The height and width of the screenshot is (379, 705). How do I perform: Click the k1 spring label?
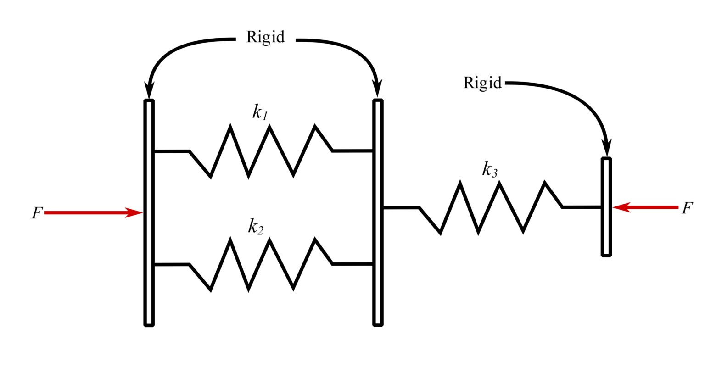coord(260,112)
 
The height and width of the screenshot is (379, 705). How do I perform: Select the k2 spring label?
coord(256,226)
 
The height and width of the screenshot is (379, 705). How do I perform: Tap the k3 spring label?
coord(490,169)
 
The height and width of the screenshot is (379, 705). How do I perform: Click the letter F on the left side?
coord(37,213)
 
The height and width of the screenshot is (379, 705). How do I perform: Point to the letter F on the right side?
coord(687,208)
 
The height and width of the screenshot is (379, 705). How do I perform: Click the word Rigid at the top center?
coord(265,37)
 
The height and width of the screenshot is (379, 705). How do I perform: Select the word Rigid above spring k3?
coord(482,83)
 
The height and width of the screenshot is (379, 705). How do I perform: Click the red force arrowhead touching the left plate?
coord(134,212)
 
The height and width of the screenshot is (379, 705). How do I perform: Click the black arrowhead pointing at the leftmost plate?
coord(149,90)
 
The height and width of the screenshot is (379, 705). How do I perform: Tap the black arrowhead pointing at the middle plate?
coord(378,90)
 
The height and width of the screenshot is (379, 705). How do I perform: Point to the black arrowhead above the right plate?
coord(607,148)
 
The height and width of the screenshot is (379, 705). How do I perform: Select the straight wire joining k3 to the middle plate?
coord(401,208)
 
